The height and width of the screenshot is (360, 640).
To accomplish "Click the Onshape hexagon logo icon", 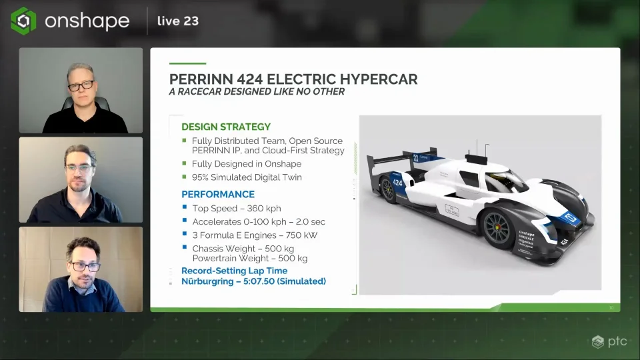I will click(23, 21).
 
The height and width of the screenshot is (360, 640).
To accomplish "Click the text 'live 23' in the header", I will click(177, 21).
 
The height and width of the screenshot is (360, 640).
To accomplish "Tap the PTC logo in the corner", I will click(607, 342).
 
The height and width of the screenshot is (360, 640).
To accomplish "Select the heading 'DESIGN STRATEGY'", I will click(226, 127).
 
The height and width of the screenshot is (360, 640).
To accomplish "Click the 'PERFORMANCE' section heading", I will click(218, 194).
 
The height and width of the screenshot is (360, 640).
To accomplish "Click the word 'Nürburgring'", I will click(206, 281).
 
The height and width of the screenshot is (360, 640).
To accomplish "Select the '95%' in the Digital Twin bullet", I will click(201, 177).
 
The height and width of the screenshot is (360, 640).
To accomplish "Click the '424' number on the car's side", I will click(397, 182).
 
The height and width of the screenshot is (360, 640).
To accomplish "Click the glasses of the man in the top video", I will click(81, 85).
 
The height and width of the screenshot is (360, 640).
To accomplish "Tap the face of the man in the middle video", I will click(79, 167).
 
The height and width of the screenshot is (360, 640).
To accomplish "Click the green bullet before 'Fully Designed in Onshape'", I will click(185, 163).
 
